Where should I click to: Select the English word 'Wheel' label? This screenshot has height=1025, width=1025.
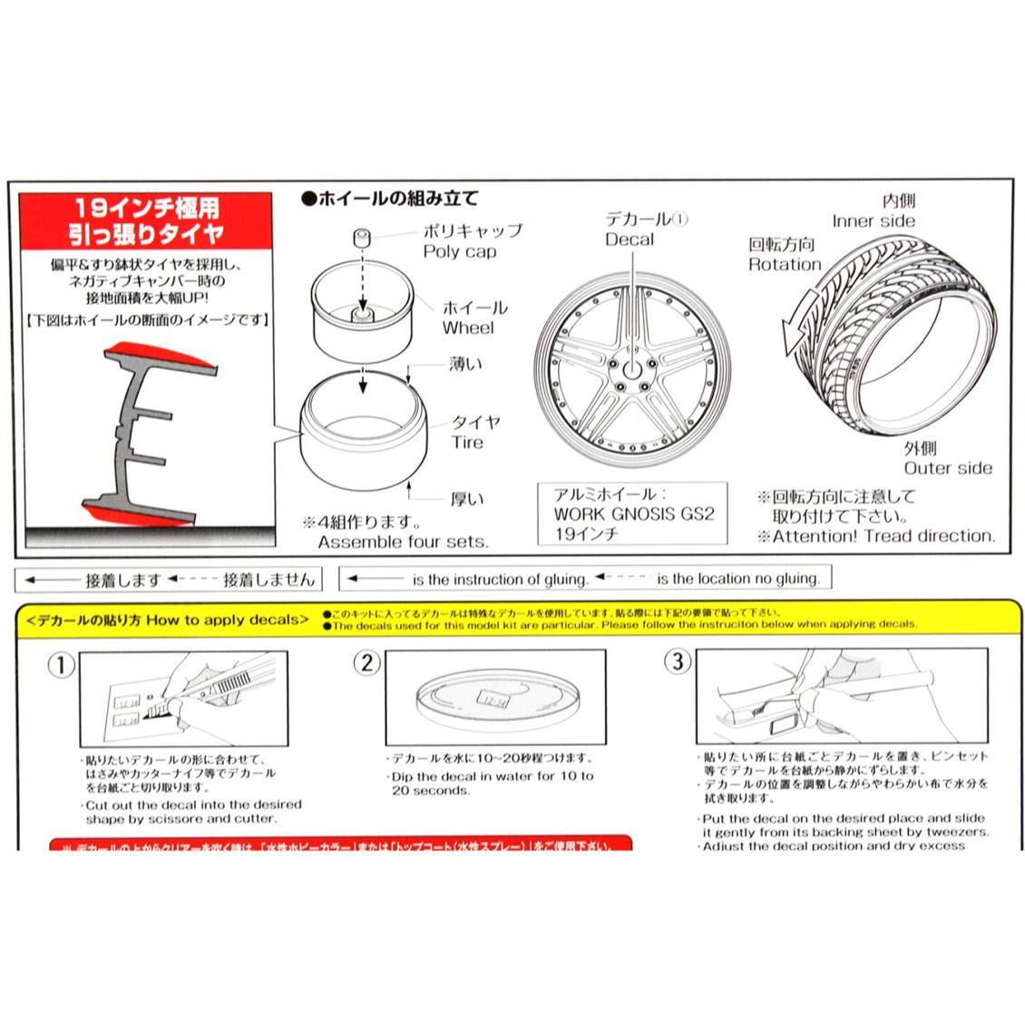tap(468, 328)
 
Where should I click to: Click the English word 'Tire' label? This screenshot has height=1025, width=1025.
tap(467, 443)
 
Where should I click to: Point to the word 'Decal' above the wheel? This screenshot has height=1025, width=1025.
tap(630, 239)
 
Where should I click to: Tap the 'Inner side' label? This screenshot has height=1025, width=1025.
tap(874, 221)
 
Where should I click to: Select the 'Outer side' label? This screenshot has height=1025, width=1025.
tap(947, 468)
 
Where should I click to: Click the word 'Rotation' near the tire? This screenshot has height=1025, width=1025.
tap(784, 265)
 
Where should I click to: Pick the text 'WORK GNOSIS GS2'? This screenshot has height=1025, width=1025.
tap(634, 514)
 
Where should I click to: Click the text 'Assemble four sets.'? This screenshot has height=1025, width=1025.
tap(403, 542)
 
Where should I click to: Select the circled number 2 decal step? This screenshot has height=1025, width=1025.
tap(366, 663)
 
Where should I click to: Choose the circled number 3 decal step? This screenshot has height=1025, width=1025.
tap(677, 661)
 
